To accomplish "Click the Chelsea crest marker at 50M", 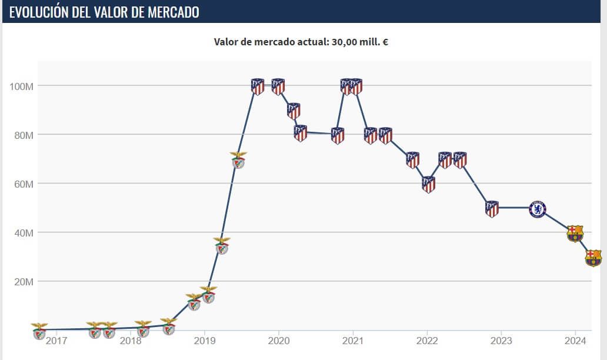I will [x=537, y=209].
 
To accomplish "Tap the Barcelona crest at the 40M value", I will [x=575, y=233].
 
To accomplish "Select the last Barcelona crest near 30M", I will [x=593, y=258].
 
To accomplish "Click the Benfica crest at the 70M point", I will [x=238, y=160].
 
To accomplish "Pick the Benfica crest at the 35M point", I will [x=222, y=246].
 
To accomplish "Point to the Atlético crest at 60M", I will [x=429, y=185].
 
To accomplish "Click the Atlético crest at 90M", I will [x=294, y=111].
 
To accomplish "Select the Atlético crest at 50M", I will [x=492, y=209].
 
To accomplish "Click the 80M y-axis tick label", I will [x=22, y=135].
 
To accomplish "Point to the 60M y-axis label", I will [x=22, y=184].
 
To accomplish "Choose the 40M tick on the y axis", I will [x=22, y=233].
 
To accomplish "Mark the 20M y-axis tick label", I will [x=22, y=282].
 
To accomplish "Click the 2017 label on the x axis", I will [x=56, y=341].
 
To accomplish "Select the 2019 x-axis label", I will [x=204, y=341].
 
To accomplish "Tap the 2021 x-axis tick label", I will [x=352, y=341].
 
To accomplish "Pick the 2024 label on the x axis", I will [x=575, y=341].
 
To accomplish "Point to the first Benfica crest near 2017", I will [x=39, y=331].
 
